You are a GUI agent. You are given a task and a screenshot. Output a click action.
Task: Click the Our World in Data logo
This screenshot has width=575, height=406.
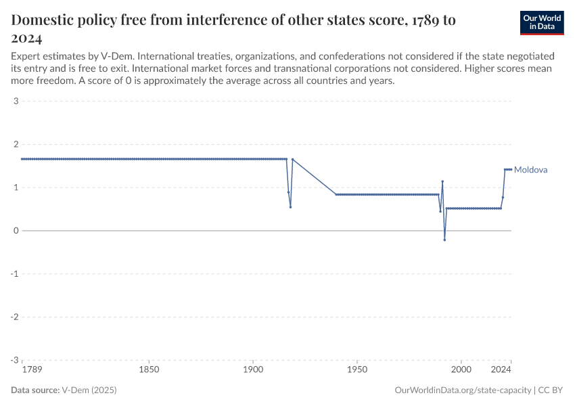(541, 22)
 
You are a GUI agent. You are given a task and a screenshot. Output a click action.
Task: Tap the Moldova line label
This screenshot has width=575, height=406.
(531, 170)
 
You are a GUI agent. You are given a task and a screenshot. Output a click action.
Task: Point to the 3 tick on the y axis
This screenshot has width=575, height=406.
(16, 101)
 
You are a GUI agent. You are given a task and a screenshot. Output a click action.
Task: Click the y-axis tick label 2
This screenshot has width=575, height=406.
(16, 144)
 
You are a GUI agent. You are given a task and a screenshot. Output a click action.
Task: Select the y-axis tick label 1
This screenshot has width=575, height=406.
(16, 187)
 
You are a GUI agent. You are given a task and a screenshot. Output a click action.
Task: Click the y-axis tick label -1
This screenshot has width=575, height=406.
(14, 274)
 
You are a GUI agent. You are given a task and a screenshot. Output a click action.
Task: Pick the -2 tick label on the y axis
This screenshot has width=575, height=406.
(14, 317)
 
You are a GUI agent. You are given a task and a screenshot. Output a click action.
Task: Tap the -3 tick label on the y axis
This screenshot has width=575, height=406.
(14, 360)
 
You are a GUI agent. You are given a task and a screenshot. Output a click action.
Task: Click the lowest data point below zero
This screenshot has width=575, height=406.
(444, 240)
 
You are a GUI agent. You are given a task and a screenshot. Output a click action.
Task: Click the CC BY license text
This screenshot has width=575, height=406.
(551, 390)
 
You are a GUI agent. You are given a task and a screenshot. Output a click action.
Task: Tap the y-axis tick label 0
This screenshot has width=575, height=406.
(16, 231)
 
